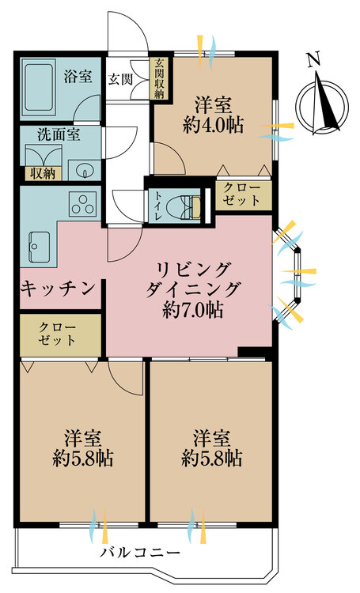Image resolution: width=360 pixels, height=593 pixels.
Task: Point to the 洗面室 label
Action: point(55,135)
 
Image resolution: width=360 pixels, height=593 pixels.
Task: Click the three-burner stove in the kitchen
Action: point(81,205)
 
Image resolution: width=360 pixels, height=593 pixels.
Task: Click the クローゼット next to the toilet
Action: point(241,195)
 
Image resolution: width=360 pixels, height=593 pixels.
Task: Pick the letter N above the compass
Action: point(314,59)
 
